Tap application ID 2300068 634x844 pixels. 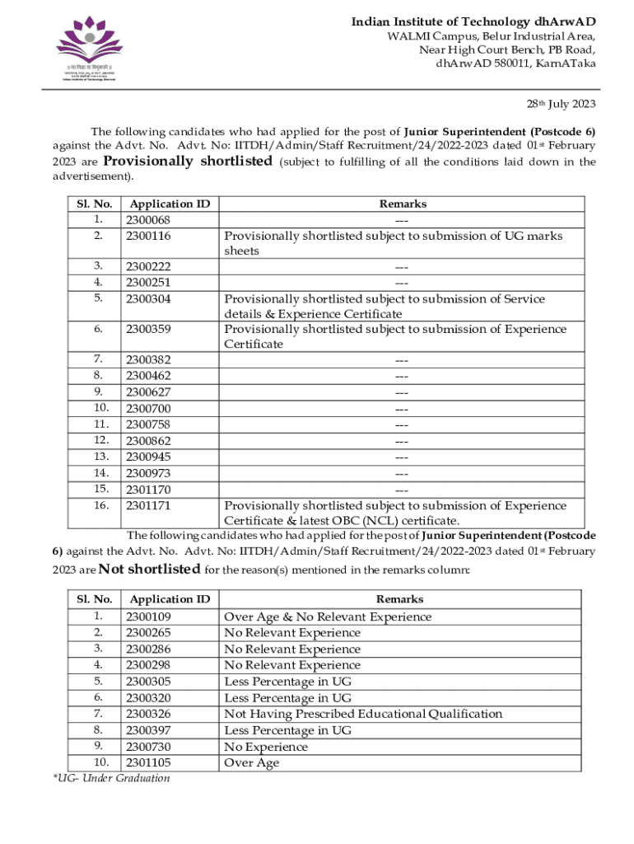(148, 220)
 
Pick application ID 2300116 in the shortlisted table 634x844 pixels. (148, 236)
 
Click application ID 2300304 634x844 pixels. (148, 299)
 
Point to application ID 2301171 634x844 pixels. (148, 505)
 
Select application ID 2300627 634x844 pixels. (148, 392)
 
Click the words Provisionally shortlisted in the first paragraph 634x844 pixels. (188, 161)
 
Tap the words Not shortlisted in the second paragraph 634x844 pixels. (149, 570)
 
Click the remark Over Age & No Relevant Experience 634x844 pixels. (328, 617)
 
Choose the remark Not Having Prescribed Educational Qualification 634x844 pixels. (363, 714)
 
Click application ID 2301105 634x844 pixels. (148, 762)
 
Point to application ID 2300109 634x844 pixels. (148, 617)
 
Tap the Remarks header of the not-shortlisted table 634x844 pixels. (399, 599)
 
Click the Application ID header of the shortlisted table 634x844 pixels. (170, 204)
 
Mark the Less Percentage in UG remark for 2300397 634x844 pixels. (287, 730)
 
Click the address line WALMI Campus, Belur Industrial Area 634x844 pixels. (492, 36)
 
